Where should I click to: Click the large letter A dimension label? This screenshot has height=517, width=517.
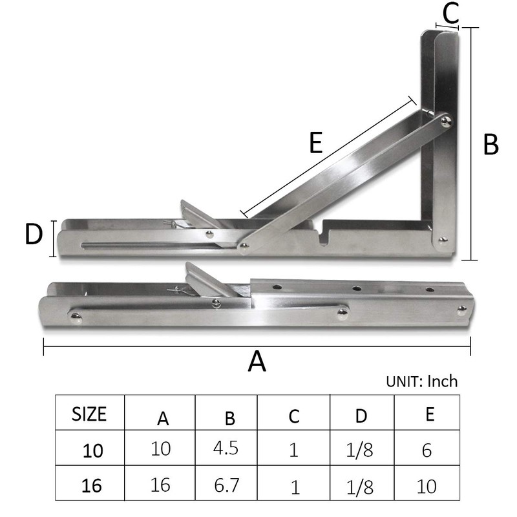257,361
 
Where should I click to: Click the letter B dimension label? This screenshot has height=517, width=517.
491,145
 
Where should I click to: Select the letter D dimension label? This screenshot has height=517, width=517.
33,235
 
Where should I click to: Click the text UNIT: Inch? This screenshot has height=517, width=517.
421,381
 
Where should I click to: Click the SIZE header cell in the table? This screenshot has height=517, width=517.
89,414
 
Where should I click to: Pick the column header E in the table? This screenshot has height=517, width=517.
430,414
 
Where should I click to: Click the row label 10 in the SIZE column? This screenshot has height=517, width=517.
92,450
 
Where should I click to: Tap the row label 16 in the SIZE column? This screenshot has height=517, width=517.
92,486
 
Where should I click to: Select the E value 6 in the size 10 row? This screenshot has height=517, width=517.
427,450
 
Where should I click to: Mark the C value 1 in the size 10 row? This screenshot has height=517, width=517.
294,449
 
